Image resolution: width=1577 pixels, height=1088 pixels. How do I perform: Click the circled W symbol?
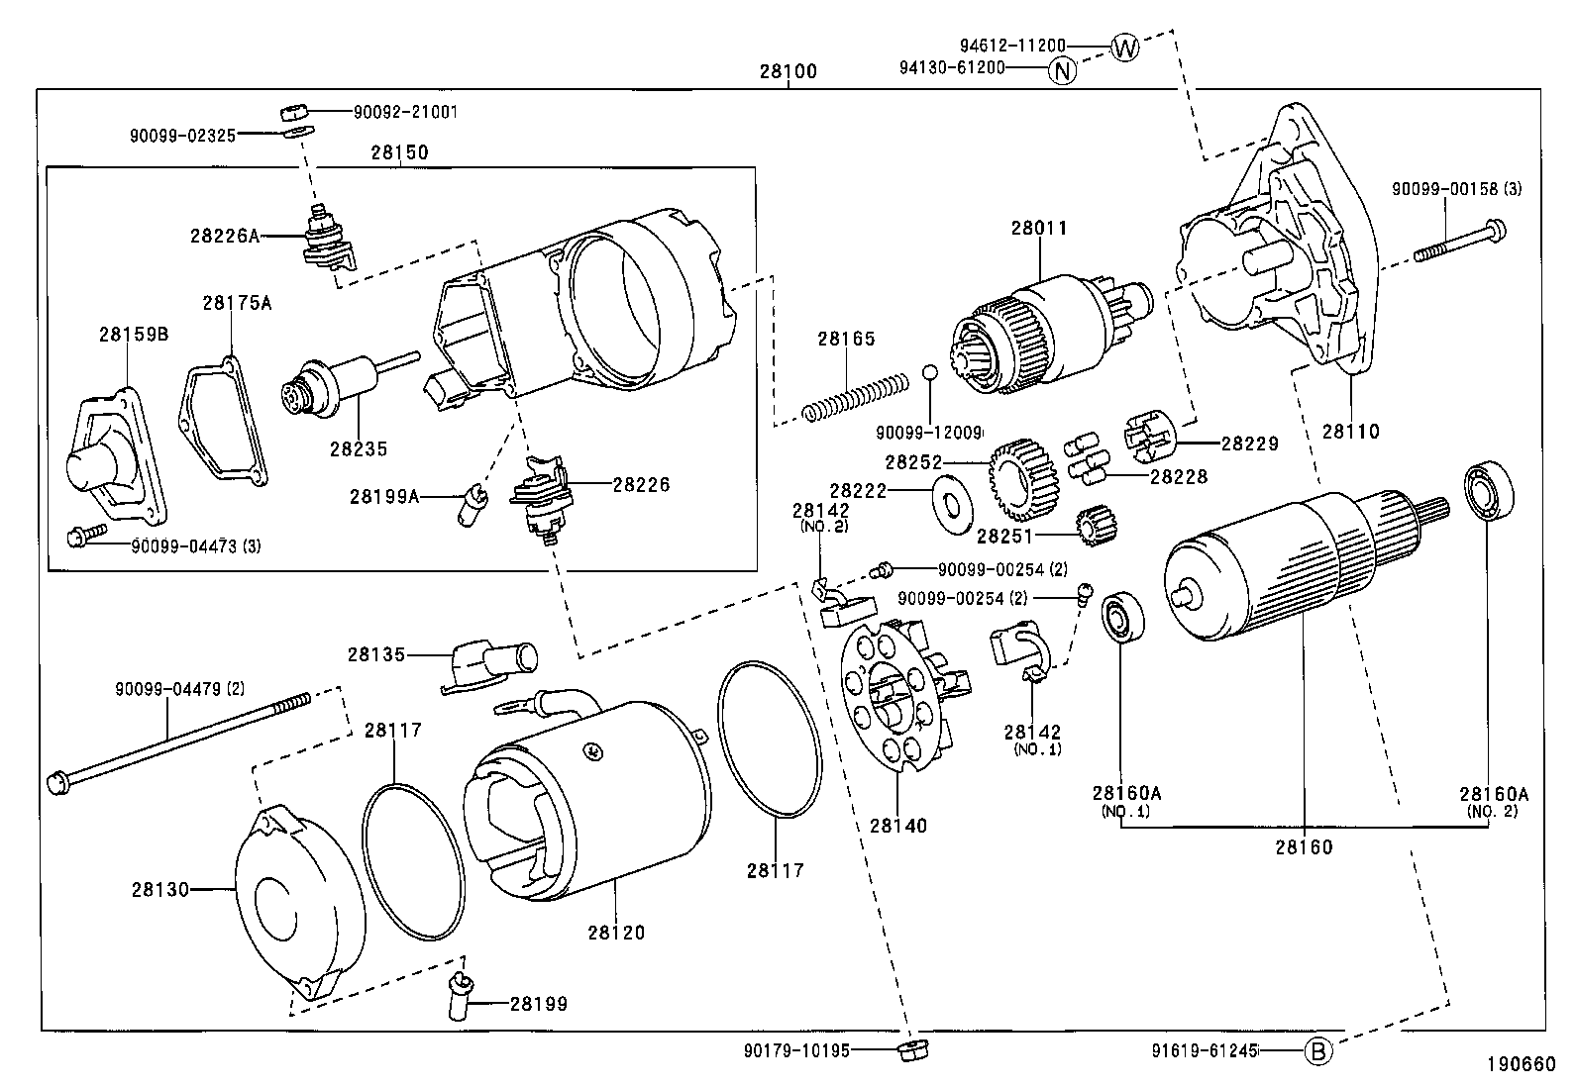tap(1124, 47)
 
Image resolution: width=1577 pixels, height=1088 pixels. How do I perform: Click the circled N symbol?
tap(1061, 70)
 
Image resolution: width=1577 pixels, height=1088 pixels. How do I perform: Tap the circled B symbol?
tap(1317, 1051)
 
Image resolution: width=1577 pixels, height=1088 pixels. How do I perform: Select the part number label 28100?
tap(788, 71)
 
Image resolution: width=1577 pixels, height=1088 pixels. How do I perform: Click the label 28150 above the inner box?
tap(399, 152)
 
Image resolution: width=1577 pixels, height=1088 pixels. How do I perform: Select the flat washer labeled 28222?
tap(954, 506)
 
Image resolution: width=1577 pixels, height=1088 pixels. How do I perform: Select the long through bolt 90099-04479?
tap(178, 740)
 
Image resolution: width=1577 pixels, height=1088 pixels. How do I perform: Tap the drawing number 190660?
tap(1520, 1065)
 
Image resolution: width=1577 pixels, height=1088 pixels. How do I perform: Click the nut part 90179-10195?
tap(909, 1050)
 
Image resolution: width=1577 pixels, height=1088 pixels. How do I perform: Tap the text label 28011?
tap(1039, 228)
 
